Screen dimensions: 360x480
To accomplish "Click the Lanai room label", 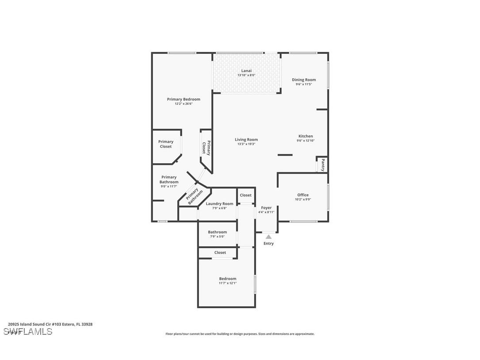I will click(246, 70).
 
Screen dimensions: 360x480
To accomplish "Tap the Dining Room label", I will click(304, 80).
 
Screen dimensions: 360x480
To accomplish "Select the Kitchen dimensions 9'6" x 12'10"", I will click(305, 141).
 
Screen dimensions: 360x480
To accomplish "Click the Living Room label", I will click(246, 139).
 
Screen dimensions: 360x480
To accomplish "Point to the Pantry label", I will click(323, 165).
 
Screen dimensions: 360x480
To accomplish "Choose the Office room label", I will click(303, 195).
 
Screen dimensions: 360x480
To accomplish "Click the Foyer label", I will click(266, 207).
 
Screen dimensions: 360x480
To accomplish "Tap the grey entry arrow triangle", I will click(268, 237).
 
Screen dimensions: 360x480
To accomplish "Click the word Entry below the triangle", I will click(268, 243).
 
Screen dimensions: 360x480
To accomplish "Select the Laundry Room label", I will click(219, 203).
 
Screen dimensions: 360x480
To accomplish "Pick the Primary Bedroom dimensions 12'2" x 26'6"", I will click(183, 103).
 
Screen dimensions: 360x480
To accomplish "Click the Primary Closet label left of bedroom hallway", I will click(166, 144).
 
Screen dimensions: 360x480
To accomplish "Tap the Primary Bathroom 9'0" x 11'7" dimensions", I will click(169, 187).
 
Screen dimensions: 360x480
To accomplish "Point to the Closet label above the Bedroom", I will click(220, 253).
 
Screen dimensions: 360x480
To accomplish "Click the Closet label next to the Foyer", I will click(245, 195).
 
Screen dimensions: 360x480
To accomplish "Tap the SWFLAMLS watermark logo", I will click(27, 332).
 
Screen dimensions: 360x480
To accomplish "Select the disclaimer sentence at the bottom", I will click(240, 334).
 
